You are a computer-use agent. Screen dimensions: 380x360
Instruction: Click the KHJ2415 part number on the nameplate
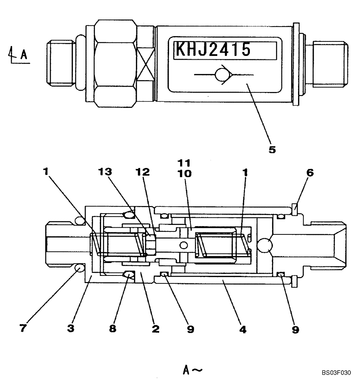[x=212, y=50]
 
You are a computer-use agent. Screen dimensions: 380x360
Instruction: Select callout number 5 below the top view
[x=272, y=150]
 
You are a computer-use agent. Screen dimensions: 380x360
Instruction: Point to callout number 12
[x=143, y=172]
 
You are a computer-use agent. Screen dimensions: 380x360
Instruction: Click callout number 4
[x=243, y=329]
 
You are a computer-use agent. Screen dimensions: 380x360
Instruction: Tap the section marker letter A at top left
[x=23, y=55]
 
